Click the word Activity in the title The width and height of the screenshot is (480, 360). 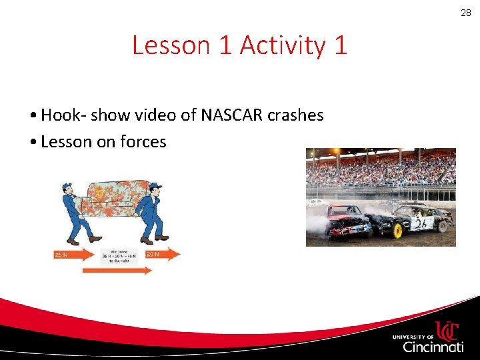coord(281,45)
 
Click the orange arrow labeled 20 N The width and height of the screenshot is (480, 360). coord(162,254)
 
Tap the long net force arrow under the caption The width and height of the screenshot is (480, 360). coord(117,270)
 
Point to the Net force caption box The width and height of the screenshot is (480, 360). coord(117,257)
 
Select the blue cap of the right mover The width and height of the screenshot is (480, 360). coord(155,186)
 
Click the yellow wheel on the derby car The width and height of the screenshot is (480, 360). coord(398,231)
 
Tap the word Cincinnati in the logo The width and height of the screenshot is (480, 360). coord(433,347)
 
